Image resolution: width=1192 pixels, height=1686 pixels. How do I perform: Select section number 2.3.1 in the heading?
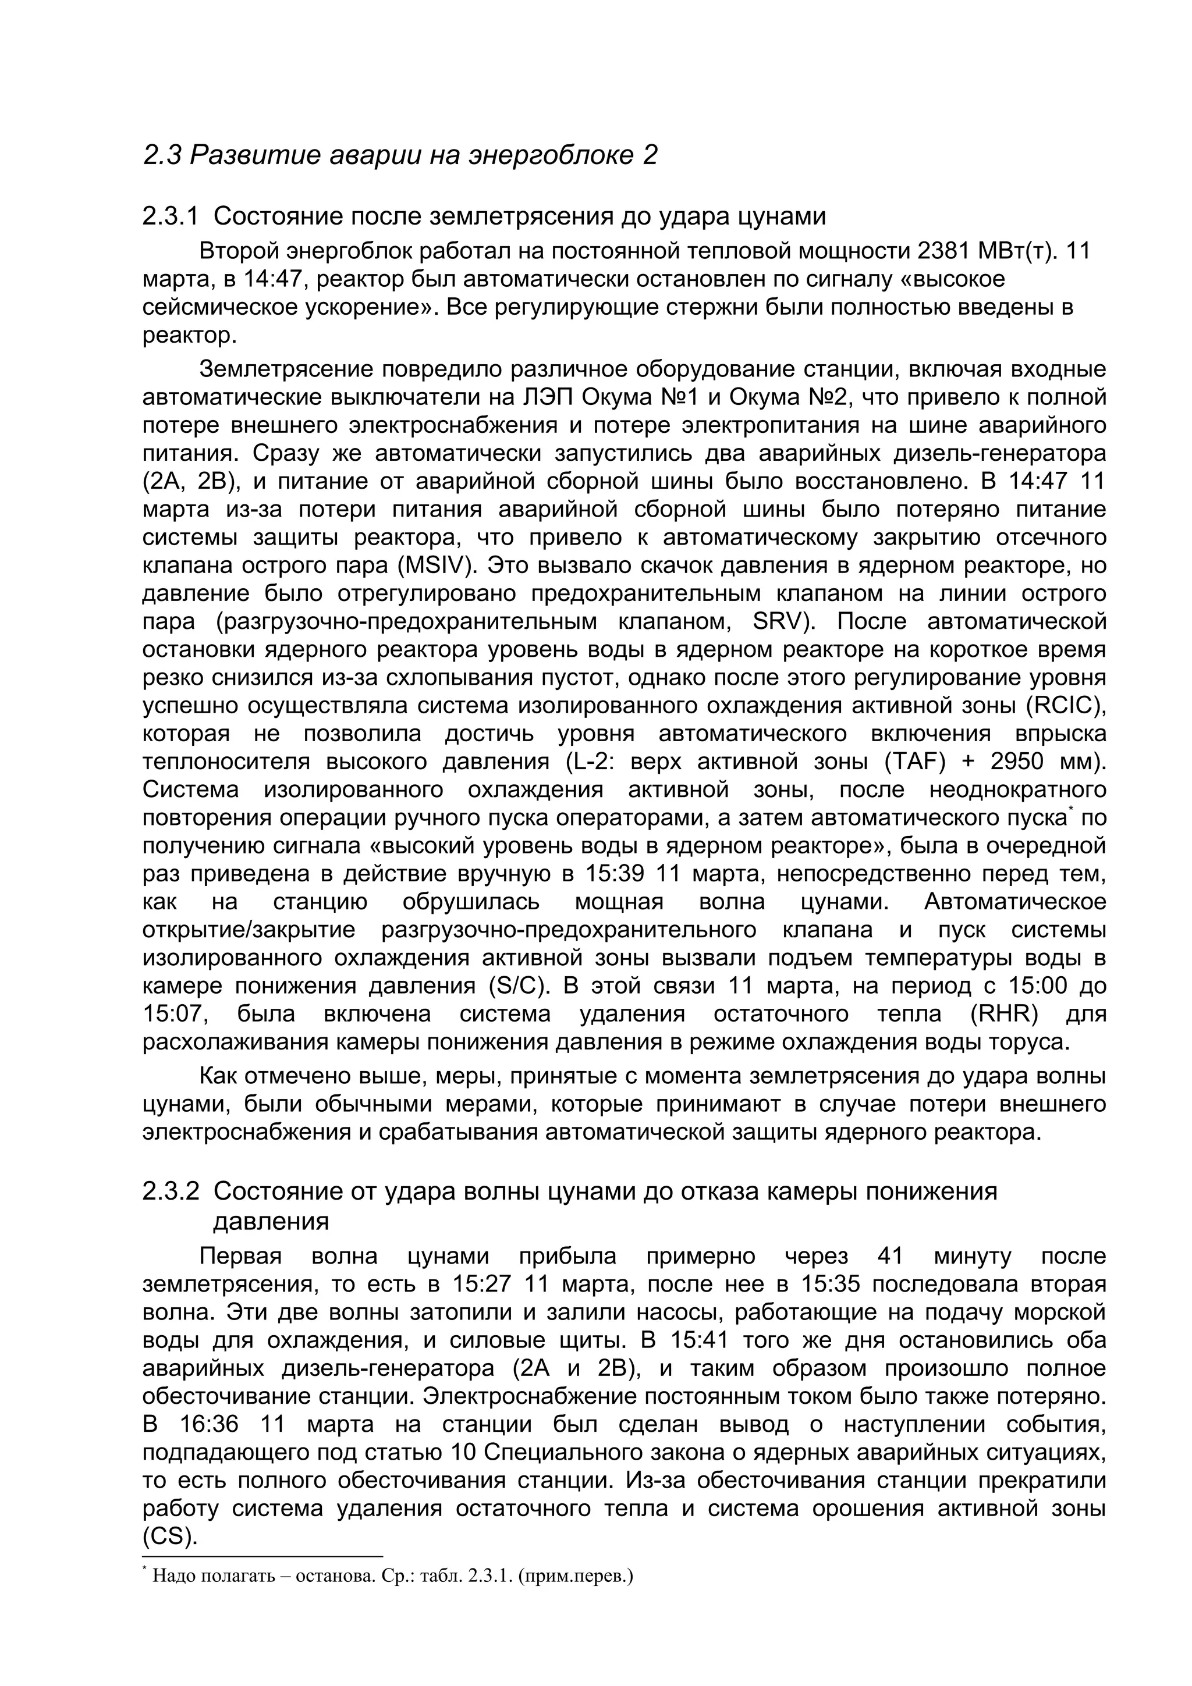(x=171, y=216)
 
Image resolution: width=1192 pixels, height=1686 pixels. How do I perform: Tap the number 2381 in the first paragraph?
(x=942, y=252)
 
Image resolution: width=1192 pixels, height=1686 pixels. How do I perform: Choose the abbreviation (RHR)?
(x=1004, y=1014)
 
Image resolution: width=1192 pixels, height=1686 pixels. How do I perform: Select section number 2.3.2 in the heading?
(x=171, y=1191)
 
